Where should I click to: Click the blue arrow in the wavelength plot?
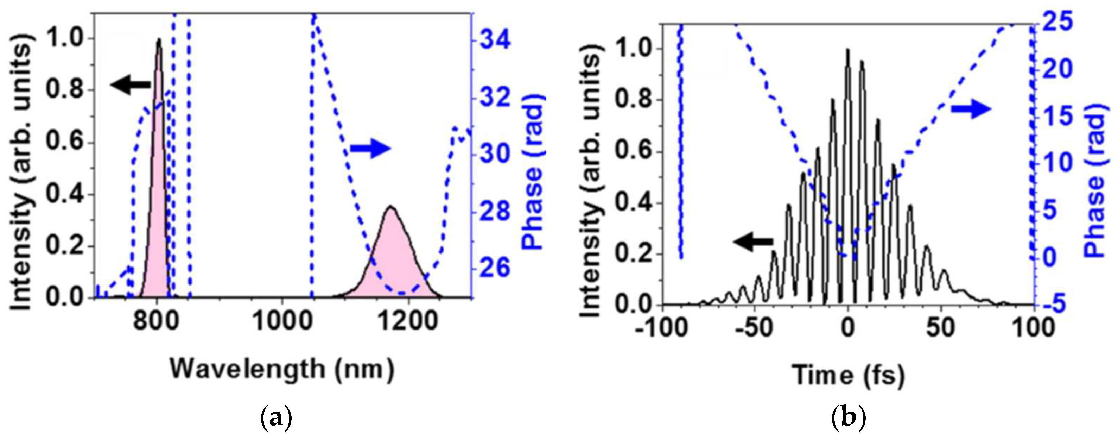point(371,149)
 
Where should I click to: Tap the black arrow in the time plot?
point(753,242)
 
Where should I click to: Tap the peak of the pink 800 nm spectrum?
point(159,40)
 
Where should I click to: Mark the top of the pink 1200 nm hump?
point(390,207)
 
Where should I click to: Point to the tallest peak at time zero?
point(847,50)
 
